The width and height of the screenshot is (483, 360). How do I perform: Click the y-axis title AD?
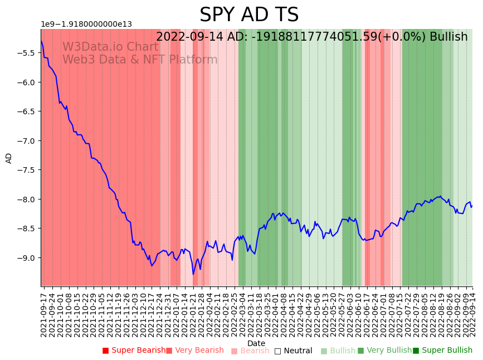point(9,158)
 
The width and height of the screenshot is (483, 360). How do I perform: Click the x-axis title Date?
point(256,343)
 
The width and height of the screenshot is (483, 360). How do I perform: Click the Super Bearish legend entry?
point(134,351)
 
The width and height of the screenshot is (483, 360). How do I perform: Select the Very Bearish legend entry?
point(195,351)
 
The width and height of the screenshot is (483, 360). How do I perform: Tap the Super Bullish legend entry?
point(442,351)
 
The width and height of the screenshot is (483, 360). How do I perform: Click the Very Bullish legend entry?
point(384,351)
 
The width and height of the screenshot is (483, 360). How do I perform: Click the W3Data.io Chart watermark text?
point(110,47)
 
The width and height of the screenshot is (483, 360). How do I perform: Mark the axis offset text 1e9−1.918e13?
point(86,24)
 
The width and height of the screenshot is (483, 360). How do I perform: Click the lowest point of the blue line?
point(193,274)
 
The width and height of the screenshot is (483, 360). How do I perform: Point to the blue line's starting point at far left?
point(41,41)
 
